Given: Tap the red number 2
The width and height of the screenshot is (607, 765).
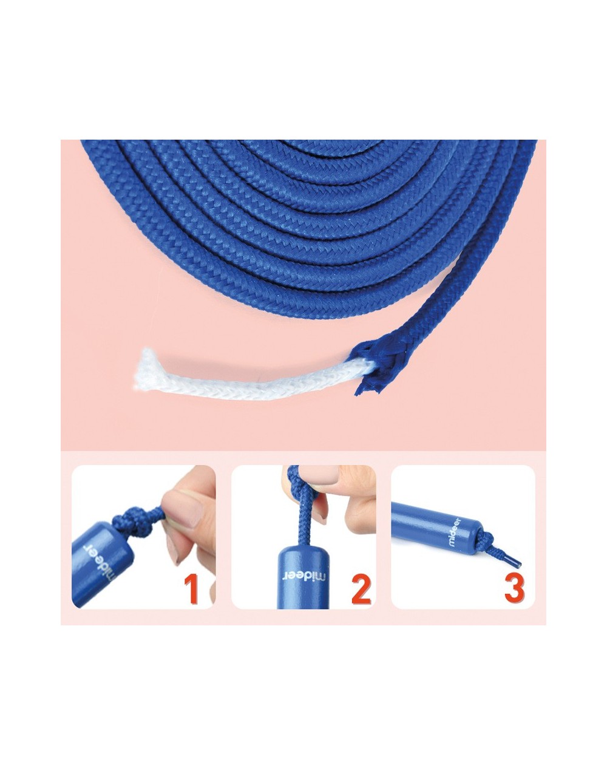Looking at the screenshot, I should coord(361,588).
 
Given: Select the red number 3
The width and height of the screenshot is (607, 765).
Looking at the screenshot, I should coord(514,587).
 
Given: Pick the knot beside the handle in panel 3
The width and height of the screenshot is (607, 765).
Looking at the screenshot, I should coord(485,537).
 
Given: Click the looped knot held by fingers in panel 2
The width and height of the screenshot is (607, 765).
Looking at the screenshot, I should coord(296,480).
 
